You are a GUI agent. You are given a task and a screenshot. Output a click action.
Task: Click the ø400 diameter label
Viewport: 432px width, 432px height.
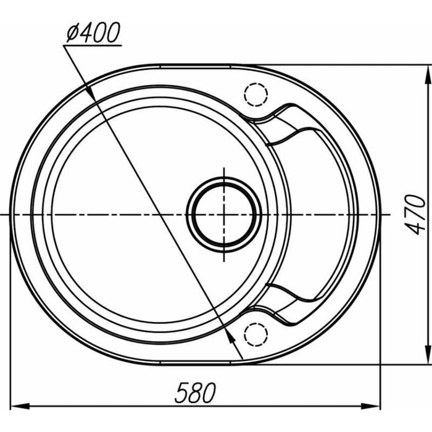tap(93, 34)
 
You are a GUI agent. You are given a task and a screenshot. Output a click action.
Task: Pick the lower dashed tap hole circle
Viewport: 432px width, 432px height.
tap(255, 333)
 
